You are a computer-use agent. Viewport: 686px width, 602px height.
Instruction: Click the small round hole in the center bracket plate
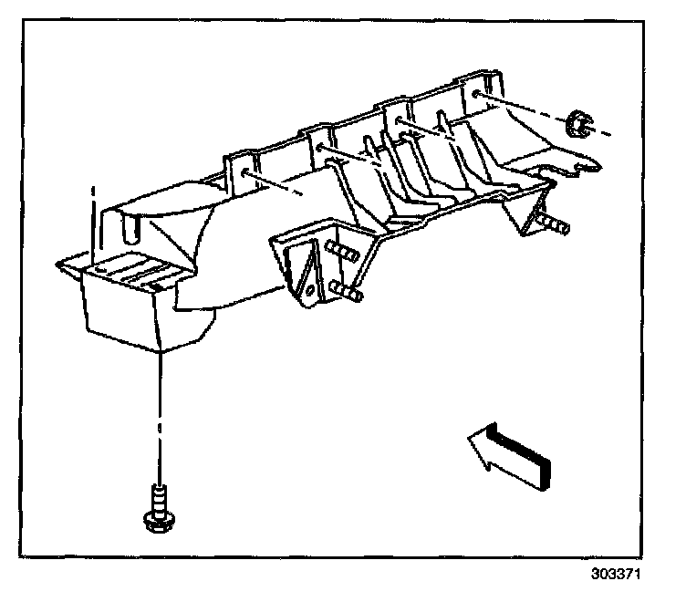(310, 289)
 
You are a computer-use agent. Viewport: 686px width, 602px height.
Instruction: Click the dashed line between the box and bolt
(159, 410)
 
